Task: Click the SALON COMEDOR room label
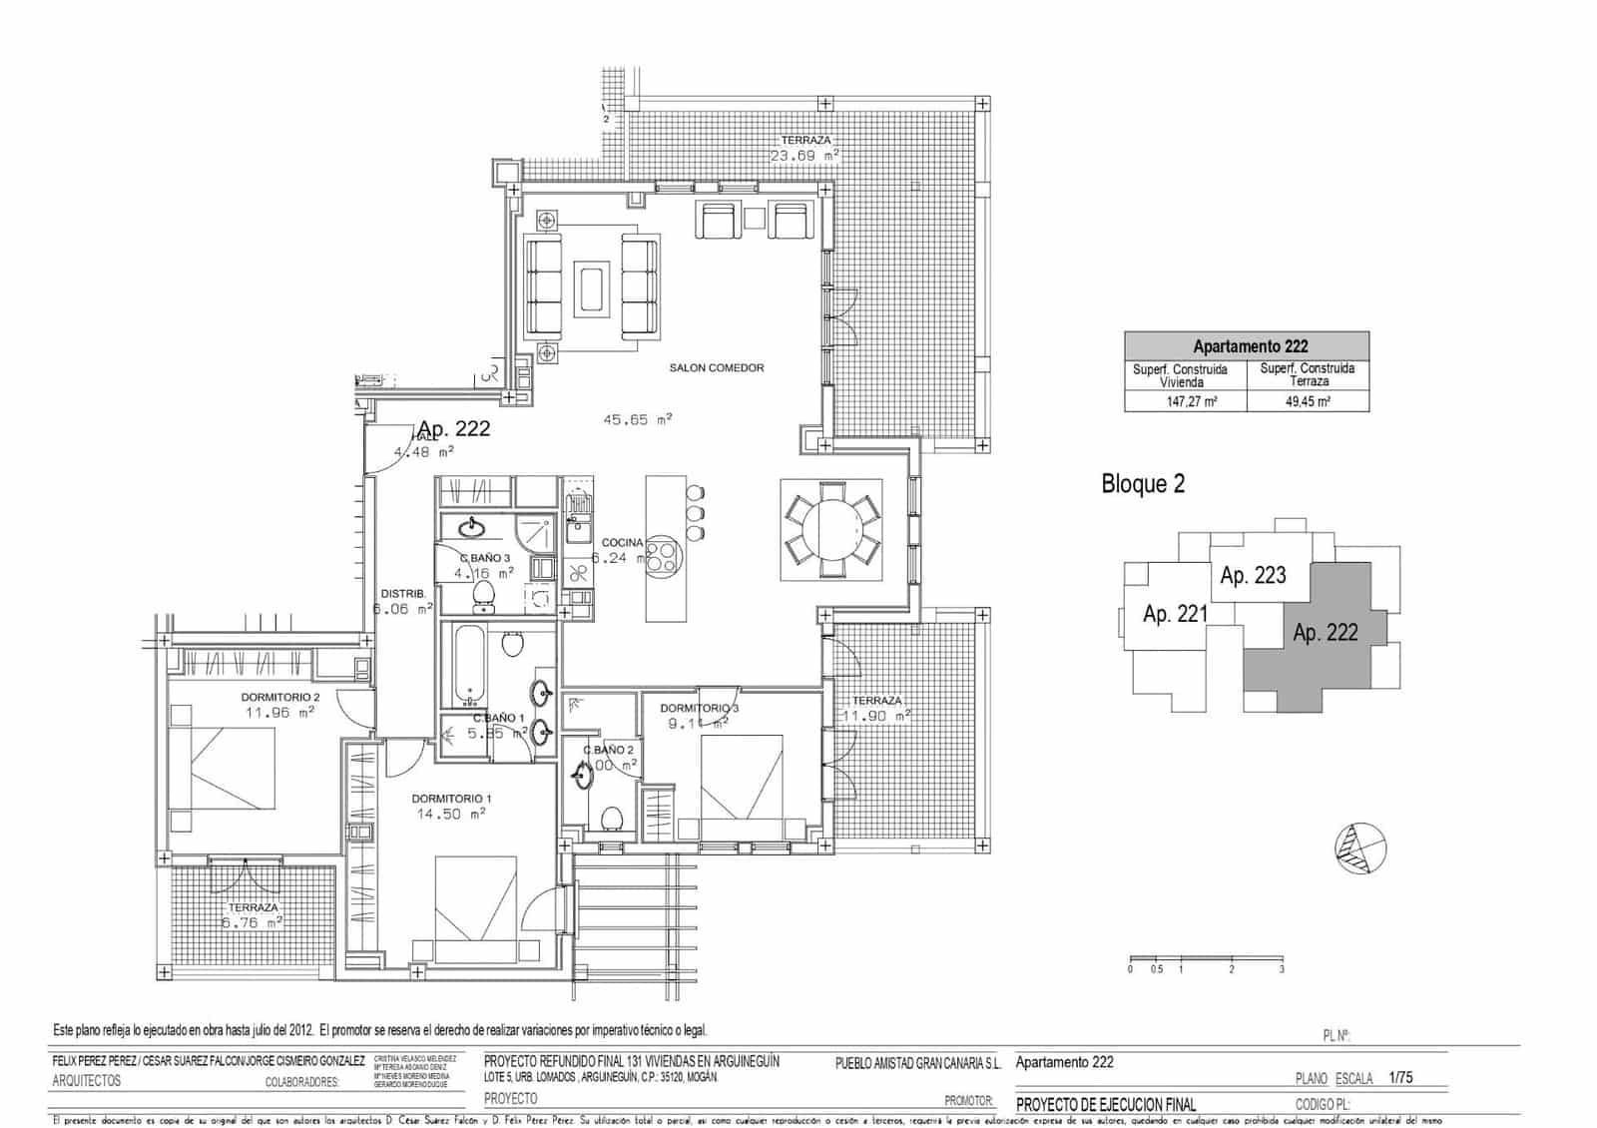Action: point(716,368)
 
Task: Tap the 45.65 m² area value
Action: point(638,420)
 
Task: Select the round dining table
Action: point(831,529)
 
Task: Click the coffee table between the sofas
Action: point(592,288)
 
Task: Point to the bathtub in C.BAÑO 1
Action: point(468,665)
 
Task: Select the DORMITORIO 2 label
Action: point(279,697)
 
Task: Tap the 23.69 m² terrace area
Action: point(803,156)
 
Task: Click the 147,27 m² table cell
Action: point(1185,401)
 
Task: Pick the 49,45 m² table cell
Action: point(1308,401)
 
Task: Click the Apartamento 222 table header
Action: point(1247,346)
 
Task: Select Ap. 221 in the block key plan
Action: point(1175,614)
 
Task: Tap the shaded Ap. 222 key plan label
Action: point(1325,633)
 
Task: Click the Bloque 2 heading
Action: point(1143,484)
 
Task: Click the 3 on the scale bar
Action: point(1282,969)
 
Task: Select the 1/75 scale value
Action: point(1400,1078)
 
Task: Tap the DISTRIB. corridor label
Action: point(402,594)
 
